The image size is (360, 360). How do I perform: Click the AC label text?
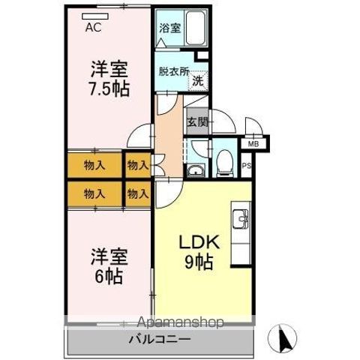(x=94, y=29)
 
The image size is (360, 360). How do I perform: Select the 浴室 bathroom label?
(x=169, y=28)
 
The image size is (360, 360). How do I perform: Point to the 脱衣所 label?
(x=172, y=73)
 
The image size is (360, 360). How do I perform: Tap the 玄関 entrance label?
(x=197, y=121)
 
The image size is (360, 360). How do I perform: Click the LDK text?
(x=197, y=243)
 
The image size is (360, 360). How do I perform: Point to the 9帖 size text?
(x=197, y=263)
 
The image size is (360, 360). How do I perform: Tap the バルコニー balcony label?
(x=163, y=340)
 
